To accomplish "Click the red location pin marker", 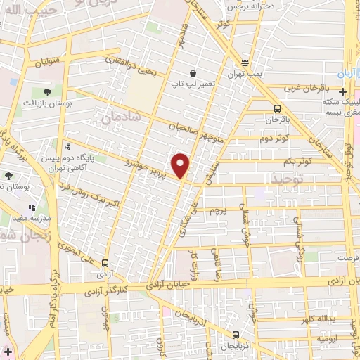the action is tap(181, 166).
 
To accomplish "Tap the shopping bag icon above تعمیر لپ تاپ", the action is tap(193, 73).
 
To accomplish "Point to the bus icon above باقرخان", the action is tap(276, 108).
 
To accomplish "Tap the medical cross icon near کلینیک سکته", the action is tap(342, 91).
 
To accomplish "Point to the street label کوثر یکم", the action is tap(288, 161).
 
